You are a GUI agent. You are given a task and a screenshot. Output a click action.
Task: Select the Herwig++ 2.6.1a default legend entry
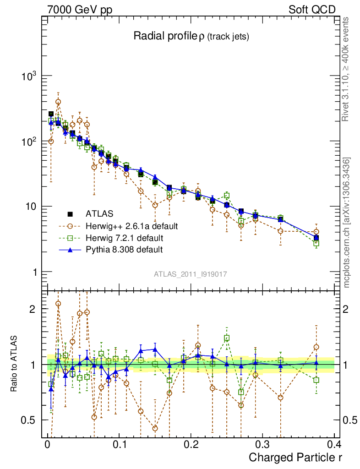tap(131, 226)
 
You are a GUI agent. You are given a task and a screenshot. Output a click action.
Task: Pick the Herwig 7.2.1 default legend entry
tap(124, 238)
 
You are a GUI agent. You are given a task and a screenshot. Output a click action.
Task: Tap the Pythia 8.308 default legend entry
tap(124, 250)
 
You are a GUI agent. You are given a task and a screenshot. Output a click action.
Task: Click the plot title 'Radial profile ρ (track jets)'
tap(191, 37)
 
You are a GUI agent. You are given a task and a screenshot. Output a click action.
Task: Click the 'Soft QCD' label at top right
tap(312, 10)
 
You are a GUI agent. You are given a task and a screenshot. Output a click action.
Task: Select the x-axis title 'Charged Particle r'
tap(295, 457)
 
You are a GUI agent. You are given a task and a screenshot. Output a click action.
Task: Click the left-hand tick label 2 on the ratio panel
tap(32, 309)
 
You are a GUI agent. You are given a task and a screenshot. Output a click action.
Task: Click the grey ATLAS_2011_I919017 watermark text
tap(191, 274)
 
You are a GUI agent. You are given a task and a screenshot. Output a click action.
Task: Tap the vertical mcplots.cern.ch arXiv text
tap(347, 223)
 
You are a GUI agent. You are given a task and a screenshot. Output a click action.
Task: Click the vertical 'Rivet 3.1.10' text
tap(346, 69)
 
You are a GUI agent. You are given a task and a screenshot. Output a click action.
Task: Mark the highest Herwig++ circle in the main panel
tap(58, 102)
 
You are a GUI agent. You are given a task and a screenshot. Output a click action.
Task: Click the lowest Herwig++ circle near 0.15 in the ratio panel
tap(155, 429)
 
